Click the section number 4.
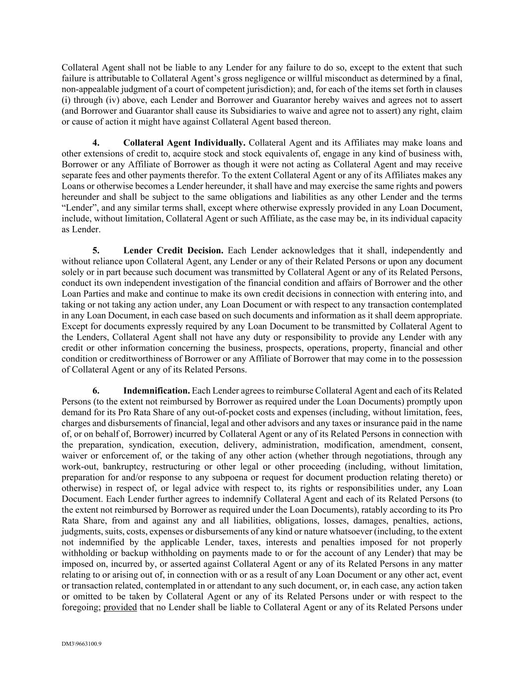click(96, 143)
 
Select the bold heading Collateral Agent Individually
click(184, 143)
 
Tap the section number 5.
click(96, 250)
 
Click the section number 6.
click(96, 391)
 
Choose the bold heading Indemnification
click(156, 391)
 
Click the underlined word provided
click(120, 607)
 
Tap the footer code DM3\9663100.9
click(81, 645)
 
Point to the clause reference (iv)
click(106, 100)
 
